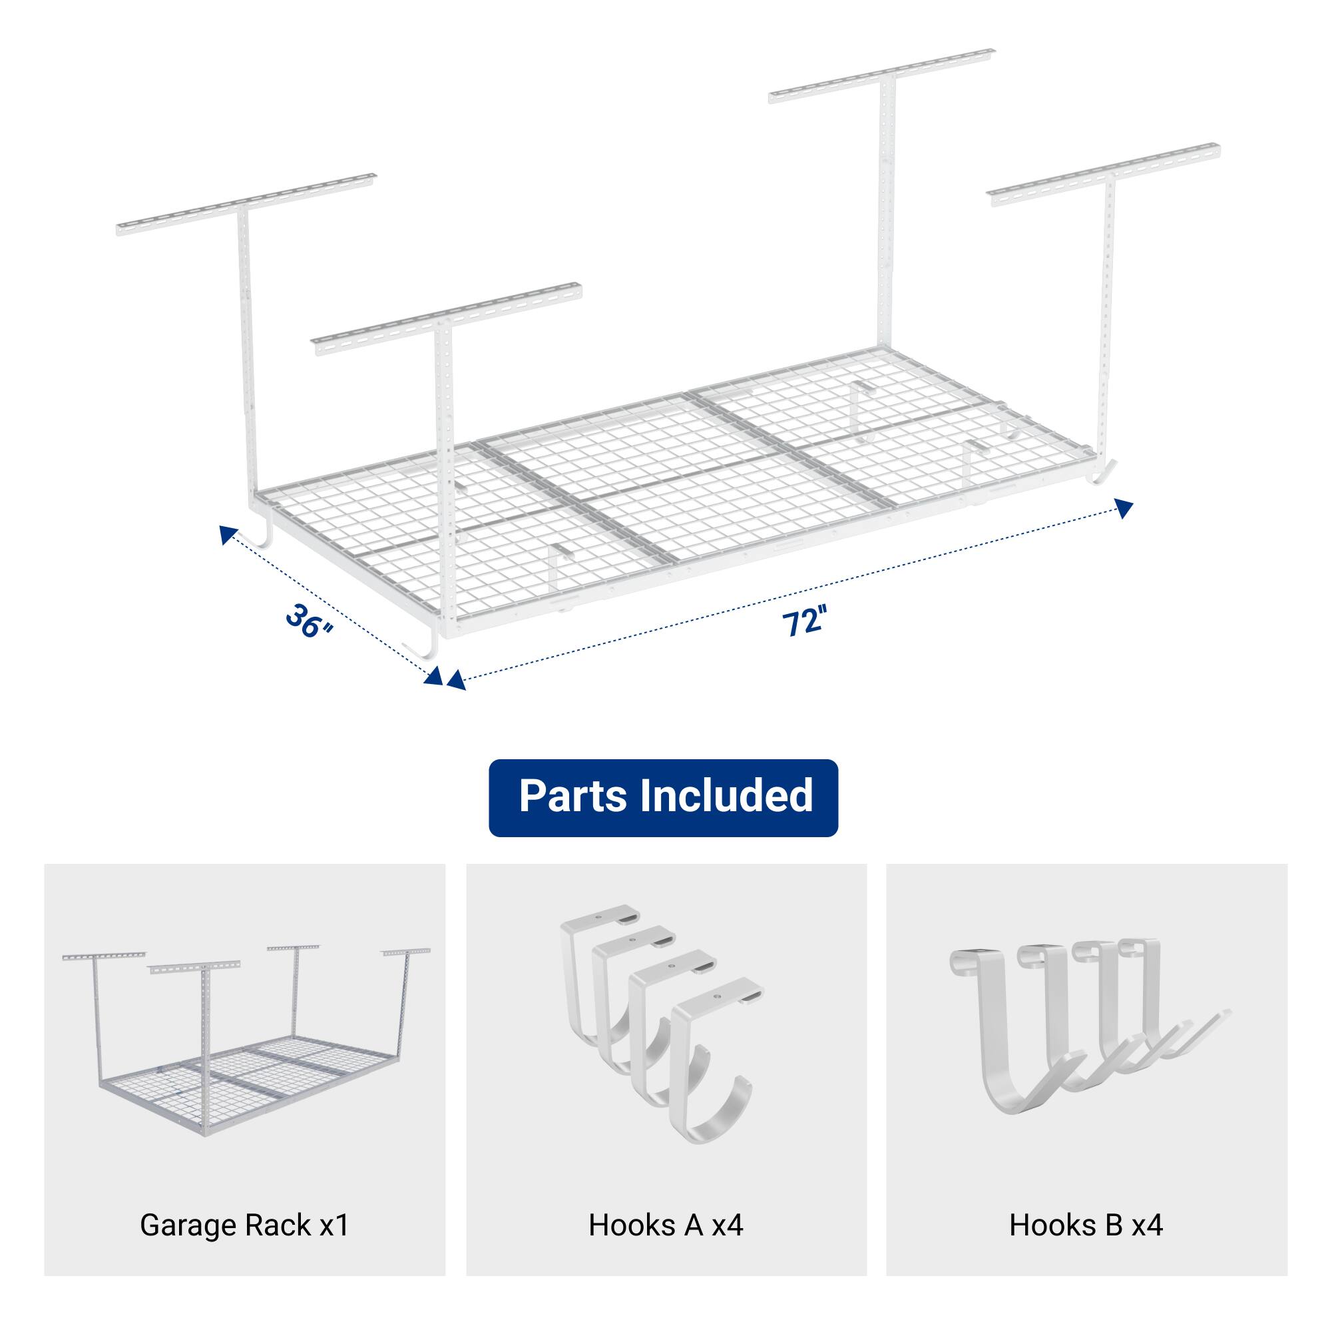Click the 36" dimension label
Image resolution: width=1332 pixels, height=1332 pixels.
310,620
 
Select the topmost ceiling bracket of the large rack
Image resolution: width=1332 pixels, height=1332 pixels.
883,77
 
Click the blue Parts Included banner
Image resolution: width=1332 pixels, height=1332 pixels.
663,797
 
